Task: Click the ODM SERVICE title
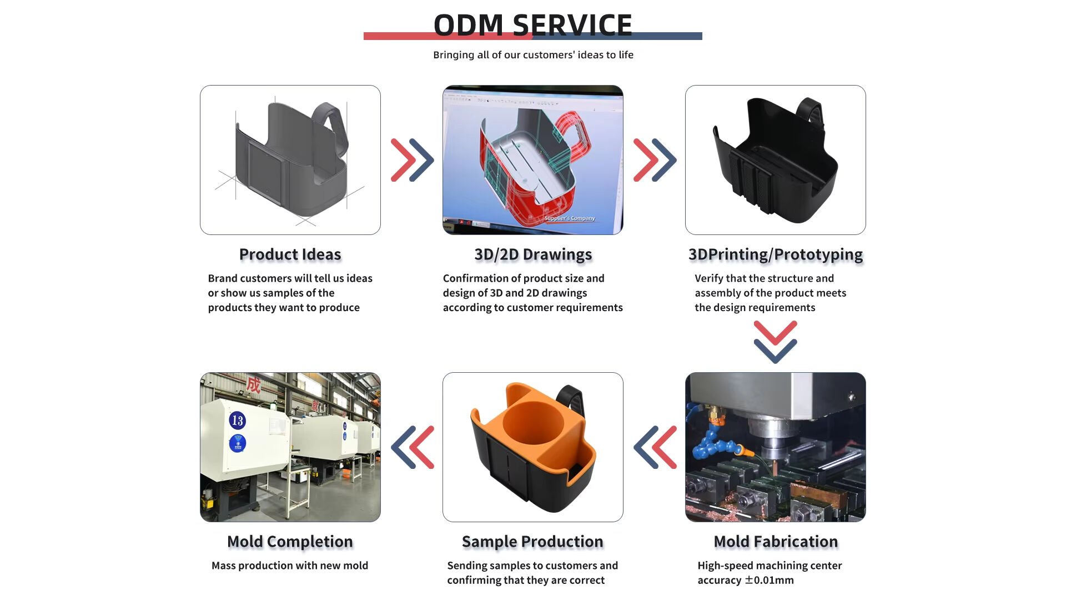[532, 25]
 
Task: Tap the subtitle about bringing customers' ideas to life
[533, 55]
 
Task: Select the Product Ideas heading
[290, 254]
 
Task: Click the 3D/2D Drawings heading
[533, 254]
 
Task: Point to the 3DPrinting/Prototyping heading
[775, 254]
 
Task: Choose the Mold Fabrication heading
[776, 542]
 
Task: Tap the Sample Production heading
[532, 542]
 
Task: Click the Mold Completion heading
[290, 542]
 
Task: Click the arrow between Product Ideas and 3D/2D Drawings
[412, 160]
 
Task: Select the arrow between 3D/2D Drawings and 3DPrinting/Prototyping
[655, 160]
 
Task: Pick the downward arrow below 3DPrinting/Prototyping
[775, 342]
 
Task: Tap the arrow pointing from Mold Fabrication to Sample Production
[655, 447]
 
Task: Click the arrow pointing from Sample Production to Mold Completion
[413, 447]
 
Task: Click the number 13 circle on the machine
[238, 421]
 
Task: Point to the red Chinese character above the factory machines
[254, 384]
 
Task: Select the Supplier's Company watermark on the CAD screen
[569, 218]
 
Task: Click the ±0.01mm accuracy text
[769, 581]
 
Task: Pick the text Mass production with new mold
[290, 566]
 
